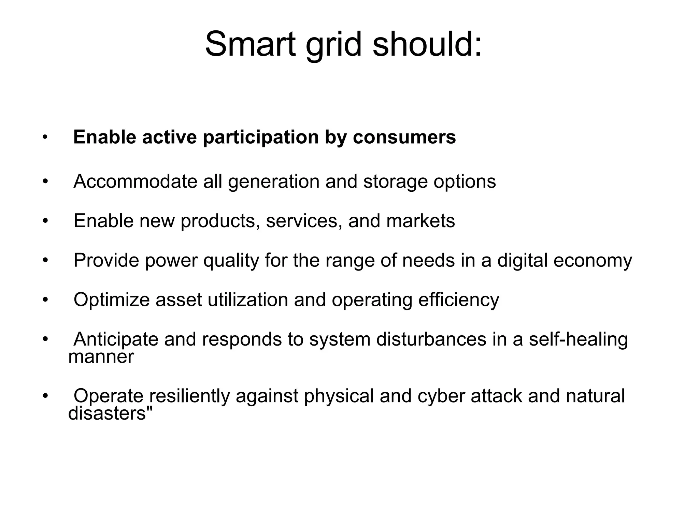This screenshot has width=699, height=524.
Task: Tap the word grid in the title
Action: pyautogui.click(x=333, y=45)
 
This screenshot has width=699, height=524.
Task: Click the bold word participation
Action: pyautogui.click(x=261, y=137)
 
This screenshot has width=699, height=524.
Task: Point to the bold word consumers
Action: pyautogui.click(x=404, y=137)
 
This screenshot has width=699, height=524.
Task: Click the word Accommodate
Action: pyautogui.click(x=135, y=181)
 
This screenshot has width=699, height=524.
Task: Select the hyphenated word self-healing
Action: pyautogui.click(x=578, y=339)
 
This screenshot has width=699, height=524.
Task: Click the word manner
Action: pyautogui.click(x=101, y=357)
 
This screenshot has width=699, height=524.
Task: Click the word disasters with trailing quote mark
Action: pyautogui.click(x=110, y=413)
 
